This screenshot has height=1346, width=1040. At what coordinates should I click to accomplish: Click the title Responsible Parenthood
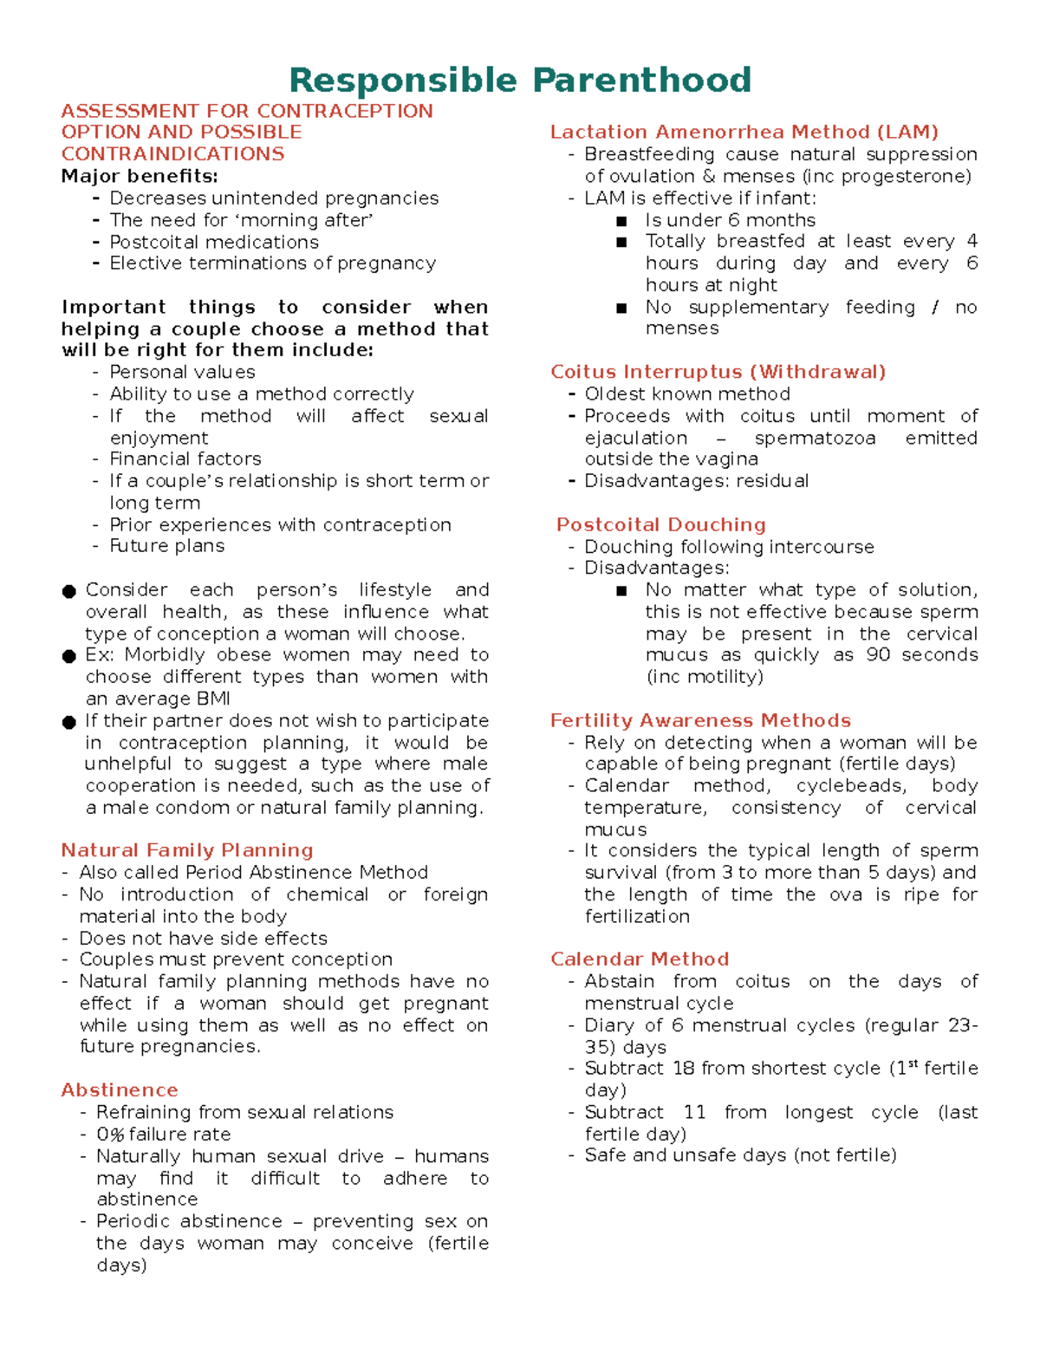pyautogui.click(x=519, y=80)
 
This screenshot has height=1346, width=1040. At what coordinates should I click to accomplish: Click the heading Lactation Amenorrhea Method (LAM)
pyautogui.click(x=744, y=132)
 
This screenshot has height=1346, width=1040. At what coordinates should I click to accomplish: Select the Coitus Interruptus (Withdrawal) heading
pyautogui.click(x=718, y=372)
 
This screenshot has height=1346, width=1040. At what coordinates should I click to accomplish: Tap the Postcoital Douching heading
pyautogui.click(x=661, y=524)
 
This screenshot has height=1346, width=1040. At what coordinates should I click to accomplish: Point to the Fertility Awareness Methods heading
pyautogui.click(x=700, y=720)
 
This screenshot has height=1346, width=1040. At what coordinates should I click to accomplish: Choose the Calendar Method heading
pyautogui.click(x=640, y=959)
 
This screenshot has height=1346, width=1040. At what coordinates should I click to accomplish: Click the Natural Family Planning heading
pyautogui.click(x=187, y=850)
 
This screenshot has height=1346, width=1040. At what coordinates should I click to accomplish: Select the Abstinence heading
pyautogui.click(x=120, y=1089)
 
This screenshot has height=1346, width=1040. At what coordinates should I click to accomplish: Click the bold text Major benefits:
pyautogui.click(x=140, y=176)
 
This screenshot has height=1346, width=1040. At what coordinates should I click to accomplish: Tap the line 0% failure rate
pyautogui.click(x=163, y=1134)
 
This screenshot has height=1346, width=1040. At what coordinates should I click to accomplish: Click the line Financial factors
pyautogui.click(x=185, y=458)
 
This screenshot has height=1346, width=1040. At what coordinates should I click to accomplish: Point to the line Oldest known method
pyautogui.click(x=686, y=393)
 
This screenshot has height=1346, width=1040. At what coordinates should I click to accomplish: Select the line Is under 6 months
pyautogui.click(x=730, y=220)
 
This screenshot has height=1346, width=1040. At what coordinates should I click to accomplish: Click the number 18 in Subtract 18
pyautogui.click(x=684, y=1068)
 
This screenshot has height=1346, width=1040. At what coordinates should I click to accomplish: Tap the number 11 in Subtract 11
pyautogui.click(x=694, y=1112)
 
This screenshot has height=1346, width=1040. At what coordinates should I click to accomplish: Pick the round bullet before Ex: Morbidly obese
pyautogui.click(x=69, y=656)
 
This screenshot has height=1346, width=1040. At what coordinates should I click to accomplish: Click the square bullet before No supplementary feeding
pyautogui.click(x=621, y=308)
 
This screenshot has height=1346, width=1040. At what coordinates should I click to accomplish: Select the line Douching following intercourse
pyautogui.click(x=729, y=547)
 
